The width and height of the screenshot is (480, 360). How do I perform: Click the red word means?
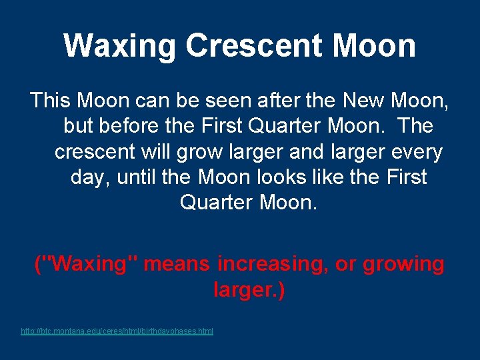178,264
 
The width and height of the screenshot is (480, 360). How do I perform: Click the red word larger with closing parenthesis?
249,290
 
